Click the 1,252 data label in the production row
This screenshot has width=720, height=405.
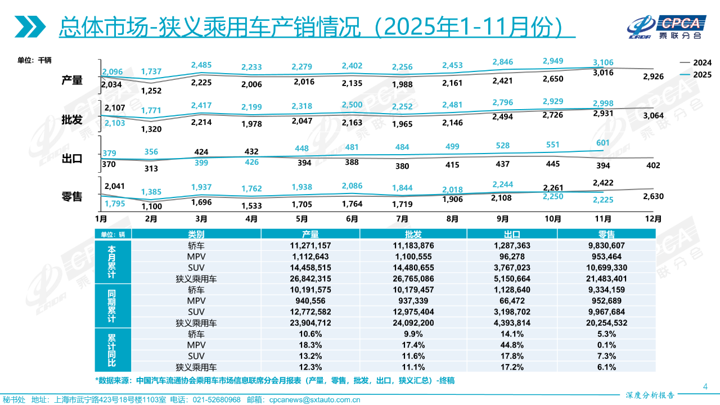point(151,91)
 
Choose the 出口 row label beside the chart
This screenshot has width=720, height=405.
point(72,159)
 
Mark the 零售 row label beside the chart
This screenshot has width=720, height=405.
point(72,196)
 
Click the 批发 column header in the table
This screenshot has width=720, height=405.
point(409,234)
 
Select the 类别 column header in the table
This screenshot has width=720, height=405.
point(196,234)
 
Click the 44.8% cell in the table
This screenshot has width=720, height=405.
point(508,345)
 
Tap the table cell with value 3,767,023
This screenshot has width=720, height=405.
point(508,267)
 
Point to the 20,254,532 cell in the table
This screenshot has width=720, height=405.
point(606,322)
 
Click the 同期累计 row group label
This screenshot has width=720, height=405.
point(111,306)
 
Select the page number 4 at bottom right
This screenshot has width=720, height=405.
point(705,386)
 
